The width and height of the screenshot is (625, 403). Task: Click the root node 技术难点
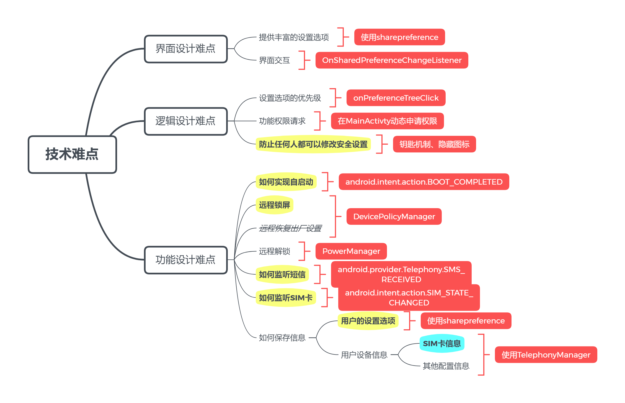pyautogui.click(x=72, y=154)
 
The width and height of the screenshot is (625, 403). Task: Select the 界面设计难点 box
pyautogui.click(x=186, y=49)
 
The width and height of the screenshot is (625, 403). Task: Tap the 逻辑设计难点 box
pyautogui.click(x=186, y=121)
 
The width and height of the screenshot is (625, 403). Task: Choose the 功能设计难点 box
pyautogui.click(x=186, y=260)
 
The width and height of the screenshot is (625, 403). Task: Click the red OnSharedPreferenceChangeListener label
pyautogui.click(x=392, y=60)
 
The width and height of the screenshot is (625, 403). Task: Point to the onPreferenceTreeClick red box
pyautogui.click(x=396, y=98)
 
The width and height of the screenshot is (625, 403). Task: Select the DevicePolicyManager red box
pyautogui.click(x=394, y=216)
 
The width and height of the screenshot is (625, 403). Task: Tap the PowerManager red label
pyautogui.click(x=351, y=251)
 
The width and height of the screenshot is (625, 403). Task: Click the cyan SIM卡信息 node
pyautogui.click(x=442, y=343)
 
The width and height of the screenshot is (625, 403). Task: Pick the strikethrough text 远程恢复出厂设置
pyautogui.click(x=290, y=228)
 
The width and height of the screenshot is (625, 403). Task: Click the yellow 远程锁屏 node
pyautogui.click(x=274, y=205)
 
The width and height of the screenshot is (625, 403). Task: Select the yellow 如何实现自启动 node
pyautogui.click(x=286, y=182)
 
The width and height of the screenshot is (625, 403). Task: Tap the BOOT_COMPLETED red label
pyautogui.click(x=424, y=182)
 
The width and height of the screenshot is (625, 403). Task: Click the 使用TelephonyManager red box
pyautogui.click(x=546, y=354)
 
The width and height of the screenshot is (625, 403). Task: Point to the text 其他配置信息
pyautogui.click(x=446, y=366)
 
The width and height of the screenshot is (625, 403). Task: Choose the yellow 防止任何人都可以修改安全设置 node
pyautogui.click(x=313, y=144)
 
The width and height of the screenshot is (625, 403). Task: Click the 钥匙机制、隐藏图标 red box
pyautogui.click(x=434, y=144)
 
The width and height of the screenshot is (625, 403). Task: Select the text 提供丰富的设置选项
pyautogui.click(x=294, y=37)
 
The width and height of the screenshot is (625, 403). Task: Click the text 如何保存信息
pyautogui.click(x=282, y=338)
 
